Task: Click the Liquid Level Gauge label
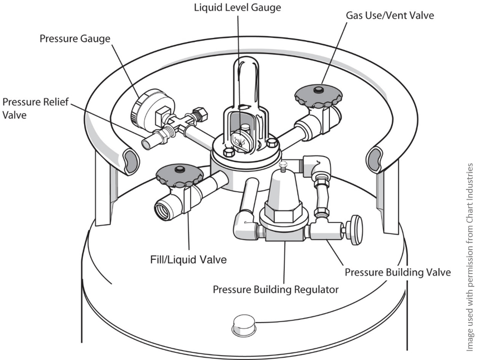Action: (237, 8)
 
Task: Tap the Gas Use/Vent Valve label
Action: (390, 15)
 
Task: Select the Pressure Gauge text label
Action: (75, 39)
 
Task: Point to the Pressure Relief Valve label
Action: (30, 108)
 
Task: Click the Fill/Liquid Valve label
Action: (188, 260)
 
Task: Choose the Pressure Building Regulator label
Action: (276, 290)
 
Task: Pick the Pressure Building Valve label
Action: (397, 273)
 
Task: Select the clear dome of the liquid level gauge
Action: (245, 84)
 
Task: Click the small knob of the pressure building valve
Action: (353, 228)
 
